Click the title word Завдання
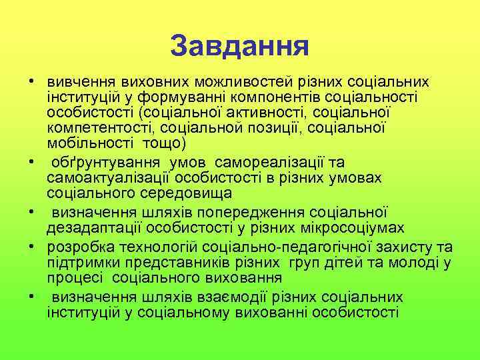coord(239,46)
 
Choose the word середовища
coord(181,193)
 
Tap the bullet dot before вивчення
coord(31,82)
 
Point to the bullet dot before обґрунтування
coord(31,161)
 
